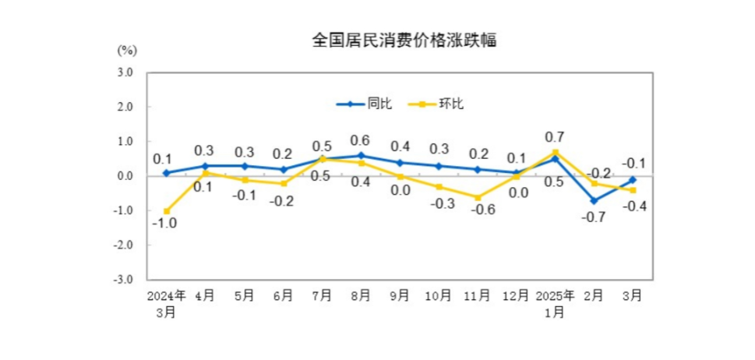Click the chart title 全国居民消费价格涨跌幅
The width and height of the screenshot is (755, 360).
(403, 41)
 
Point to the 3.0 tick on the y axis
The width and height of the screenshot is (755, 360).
(125, 72)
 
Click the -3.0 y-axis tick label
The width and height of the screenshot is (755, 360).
(123, 279)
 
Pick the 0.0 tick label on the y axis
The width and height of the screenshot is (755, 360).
(125, 176)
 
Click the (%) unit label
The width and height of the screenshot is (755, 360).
(127, 51)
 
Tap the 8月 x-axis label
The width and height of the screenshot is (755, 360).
(361, 296)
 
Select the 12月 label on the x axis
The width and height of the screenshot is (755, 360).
(517, 296)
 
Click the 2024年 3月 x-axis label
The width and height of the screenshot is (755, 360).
(166, 303)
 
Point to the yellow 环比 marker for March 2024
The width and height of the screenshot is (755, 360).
(167, 211)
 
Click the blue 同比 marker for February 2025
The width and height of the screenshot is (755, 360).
(594, 200)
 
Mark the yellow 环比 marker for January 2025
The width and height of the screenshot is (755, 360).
(556, 152)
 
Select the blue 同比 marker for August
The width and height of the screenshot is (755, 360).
(361, 155)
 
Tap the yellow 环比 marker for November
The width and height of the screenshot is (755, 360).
(478, 197)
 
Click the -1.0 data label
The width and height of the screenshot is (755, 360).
(166, 223)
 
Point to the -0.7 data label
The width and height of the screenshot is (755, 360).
(594, 216)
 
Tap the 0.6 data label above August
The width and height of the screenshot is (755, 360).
(360, 140)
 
